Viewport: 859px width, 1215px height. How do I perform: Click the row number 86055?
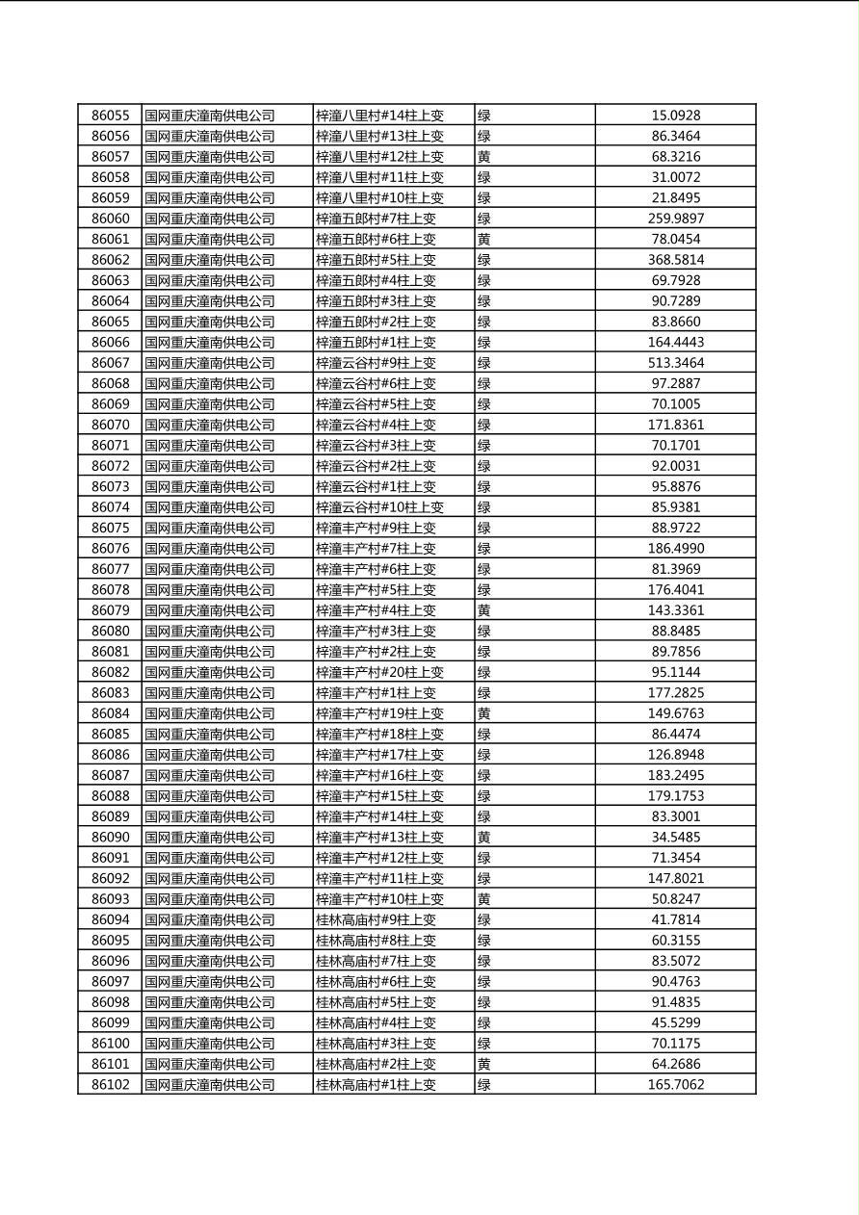110,116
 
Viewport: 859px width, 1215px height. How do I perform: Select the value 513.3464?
675,363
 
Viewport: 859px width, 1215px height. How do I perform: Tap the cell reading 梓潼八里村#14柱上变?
379,116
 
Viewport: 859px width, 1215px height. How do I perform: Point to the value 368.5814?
675,260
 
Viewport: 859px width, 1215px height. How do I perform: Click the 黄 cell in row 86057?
484,157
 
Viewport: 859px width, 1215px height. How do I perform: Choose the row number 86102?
110,1085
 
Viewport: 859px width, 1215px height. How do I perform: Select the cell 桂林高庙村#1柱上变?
376,1085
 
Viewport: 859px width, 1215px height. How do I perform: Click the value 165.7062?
675,1085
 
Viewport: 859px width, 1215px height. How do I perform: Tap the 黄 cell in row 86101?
484,1064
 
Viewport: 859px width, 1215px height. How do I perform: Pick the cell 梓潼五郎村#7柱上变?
376,219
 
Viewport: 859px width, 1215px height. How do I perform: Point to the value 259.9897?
675,219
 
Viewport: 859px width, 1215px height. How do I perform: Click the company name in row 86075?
209,528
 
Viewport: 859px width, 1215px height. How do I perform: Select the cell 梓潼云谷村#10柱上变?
379,507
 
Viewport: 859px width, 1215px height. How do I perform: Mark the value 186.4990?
675,549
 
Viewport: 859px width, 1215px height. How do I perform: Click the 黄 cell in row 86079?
484,610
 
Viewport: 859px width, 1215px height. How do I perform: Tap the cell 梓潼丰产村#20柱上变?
379,672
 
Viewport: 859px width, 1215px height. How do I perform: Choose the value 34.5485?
675,838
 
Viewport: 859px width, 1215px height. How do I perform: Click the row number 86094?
110,919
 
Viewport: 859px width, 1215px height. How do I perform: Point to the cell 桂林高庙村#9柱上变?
376,919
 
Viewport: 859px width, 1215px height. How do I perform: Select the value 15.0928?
675,116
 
